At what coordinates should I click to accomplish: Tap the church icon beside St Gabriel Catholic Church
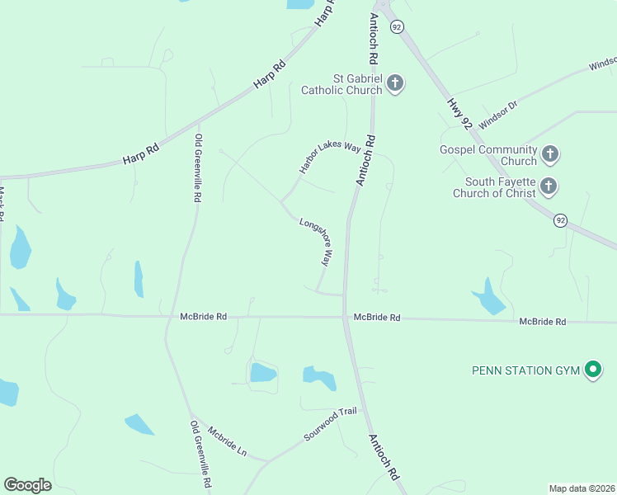[x=395, y=82]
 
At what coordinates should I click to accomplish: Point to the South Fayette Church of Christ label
[x=500, y=187]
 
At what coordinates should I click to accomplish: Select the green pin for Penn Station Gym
[x=592, y=370]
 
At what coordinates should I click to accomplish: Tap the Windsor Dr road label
[x=497, y=115]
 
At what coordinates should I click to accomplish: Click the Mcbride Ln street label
[x=227, y=442]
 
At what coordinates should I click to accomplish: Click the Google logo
[x=27, y=485]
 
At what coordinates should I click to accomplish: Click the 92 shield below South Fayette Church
[x=561, y=220]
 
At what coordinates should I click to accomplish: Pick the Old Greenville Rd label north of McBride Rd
[x=198, y=167]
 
